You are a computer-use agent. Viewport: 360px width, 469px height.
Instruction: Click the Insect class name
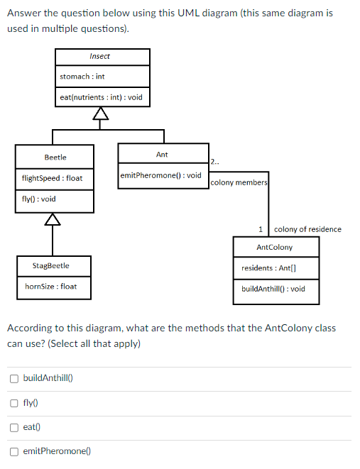(99, 56)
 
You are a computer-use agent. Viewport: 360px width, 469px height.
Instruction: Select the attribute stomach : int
(82, 77)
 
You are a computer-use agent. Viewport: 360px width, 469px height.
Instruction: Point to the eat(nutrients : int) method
(101, 97)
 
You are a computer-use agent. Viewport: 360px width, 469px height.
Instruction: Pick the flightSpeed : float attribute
(52, 178)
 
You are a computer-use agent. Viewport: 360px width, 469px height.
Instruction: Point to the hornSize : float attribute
(50, 287)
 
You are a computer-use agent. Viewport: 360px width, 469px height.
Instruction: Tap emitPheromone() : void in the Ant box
(161, 175)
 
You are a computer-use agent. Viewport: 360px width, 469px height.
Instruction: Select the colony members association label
(239, 182)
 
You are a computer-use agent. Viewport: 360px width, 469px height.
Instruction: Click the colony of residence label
(307, 229)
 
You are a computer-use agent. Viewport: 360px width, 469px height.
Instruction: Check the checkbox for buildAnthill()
(14, 379)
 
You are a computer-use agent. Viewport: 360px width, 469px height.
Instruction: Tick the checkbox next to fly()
(14, 403)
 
